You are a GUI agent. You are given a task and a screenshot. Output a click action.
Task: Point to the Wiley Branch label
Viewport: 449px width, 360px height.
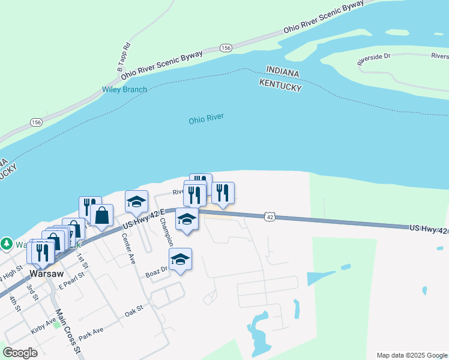124,90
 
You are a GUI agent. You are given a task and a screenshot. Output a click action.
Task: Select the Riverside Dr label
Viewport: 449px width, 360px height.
373,58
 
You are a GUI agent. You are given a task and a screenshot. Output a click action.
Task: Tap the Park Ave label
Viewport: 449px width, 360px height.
91,334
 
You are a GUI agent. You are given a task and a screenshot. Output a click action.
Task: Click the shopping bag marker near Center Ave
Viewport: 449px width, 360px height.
102,215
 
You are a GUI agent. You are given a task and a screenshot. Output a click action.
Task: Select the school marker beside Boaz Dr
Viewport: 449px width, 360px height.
180,259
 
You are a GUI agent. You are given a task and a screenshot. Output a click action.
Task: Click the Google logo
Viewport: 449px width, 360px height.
20,353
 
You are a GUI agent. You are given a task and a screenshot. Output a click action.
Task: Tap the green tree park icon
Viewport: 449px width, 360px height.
7,244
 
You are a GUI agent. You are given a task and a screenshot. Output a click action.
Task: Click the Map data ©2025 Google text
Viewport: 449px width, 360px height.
411,355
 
